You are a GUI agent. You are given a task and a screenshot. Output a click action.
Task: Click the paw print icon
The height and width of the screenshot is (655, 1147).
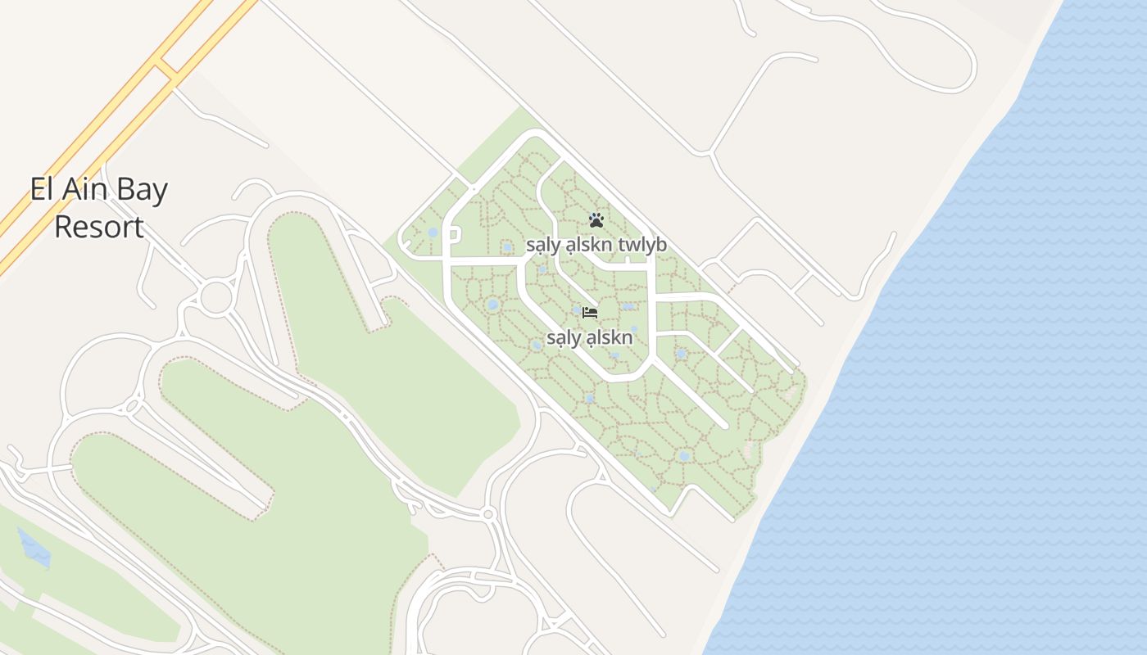[x=596, y=220]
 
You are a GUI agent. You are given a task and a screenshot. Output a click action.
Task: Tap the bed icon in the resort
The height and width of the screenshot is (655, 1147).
[x=589, y=312]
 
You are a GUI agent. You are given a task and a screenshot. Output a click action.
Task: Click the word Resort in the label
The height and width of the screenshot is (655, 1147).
[x=99, y=227]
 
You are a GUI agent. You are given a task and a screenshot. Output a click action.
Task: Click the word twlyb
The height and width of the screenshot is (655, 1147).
[x=643, y=245]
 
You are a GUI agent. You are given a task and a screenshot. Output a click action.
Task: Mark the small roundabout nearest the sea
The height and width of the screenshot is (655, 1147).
[x=489, y=514]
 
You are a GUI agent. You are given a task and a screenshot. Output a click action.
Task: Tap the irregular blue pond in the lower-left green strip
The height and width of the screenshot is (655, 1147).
[x=33, y=548]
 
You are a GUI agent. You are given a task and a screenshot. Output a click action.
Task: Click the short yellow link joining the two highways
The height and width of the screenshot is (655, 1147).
[x=166, y=70]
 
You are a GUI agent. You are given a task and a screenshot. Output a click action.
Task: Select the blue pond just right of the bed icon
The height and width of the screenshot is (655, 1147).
[x=628, y=307]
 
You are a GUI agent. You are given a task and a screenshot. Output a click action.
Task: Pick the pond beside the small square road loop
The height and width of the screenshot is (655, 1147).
[x=433, y=233]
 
